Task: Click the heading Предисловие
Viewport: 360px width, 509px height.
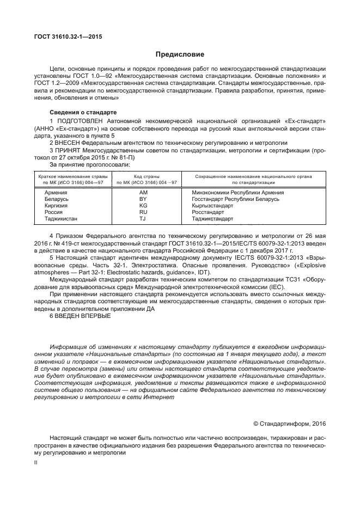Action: pyautogui.click(x=180, y=54)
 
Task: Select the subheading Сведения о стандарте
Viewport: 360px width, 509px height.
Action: pyautogui.click(x=80, y=112)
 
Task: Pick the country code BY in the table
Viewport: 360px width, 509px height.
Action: pyautogui.click(x=144, y=199)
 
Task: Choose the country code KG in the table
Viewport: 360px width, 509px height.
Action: pyautogui.click(x=144, y=206)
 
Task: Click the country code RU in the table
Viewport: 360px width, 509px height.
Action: pyautogui.click(x=144, y=212)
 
